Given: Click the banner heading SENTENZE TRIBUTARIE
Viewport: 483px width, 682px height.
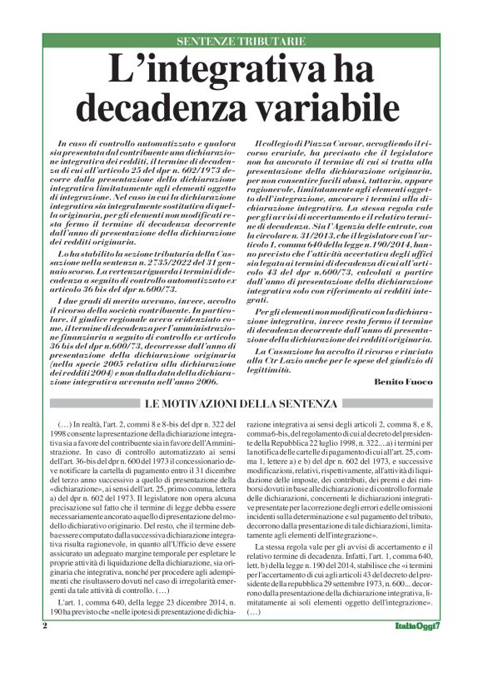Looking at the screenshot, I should click(x=242, y=42).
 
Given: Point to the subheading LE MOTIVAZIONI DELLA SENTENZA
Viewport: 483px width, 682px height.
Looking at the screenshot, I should click(x=242, y=404).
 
